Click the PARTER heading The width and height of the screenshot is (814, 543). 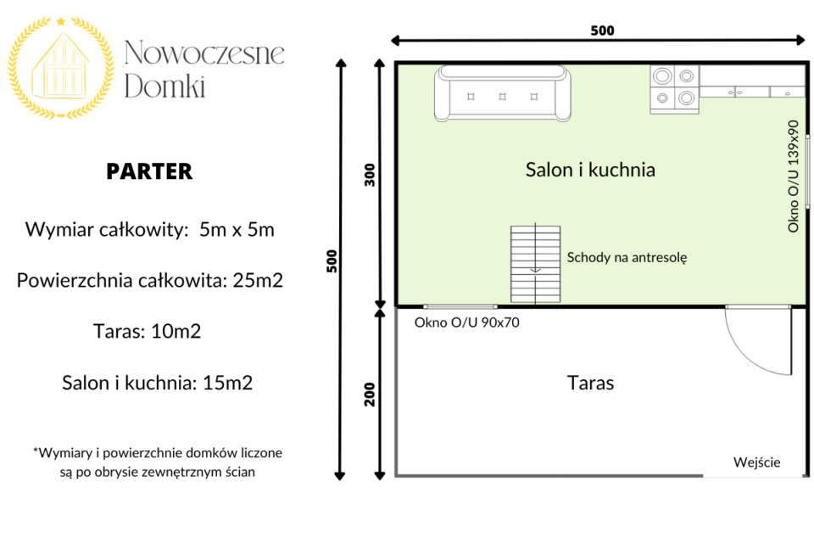click(x=149, y=171)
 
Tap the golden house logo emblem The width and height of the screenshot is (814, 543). click(x=61, y=68)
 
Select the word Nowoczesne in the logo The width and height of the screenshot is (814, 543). click(x=204, y=53)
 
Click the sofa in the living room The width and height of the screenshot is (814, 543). click(x=503, y=93)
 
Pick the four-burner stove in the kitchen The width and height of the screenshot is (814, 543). click(x=674, y=89)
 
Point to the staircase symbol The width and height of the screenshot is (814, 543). click(x=535, y=264)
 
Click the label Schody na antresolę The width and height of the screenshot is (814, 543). click(x=627, y=258)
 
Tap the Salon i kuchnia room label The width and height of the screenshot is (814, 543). click(x=590, y=170)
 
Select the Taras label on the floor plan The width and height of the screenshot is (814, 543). click(x=590, y=383)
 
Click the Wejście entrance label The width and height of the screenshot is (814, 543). click(x=756, y=462)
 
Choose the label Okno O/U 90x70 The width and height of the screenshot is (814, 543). click(x=466, y=322)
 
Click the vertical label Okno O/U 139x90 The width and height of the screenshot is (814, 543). click(x=793, y=176)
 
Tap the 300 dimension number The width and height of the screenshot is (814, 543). click(x=369, y=175)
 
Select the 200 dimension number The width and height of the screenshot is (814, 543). click(x=369, y=395)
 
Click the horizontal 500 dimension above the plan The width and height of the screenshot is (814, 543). click(x=602, y=31)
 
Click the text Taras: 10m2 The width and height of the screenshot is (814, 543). click(x=147, y=332)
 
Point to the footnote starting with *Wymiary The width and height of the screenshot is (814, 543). click(x=158, y=462)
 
